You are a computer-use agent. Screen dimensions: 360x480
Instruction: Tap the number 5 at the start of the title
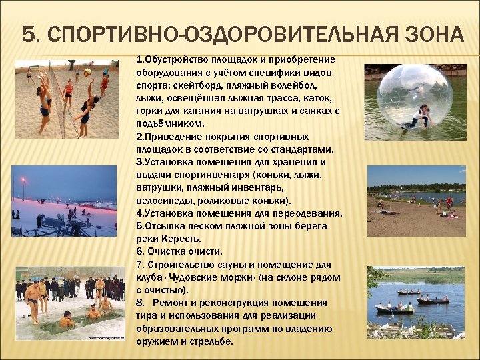pyautogui.click(x=27, y=34)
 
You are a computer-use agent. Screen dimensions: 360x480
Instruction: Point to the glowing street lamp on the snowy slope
pyautogui.click(x=23, y=180)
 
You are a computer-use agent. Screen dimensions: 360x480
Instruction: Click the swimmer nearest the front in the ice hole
pyautogui.click(x=66, y=321)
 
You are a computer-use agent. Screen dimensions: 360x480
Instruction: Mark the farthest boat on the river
pyautogui.click(x=408, y=292)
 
